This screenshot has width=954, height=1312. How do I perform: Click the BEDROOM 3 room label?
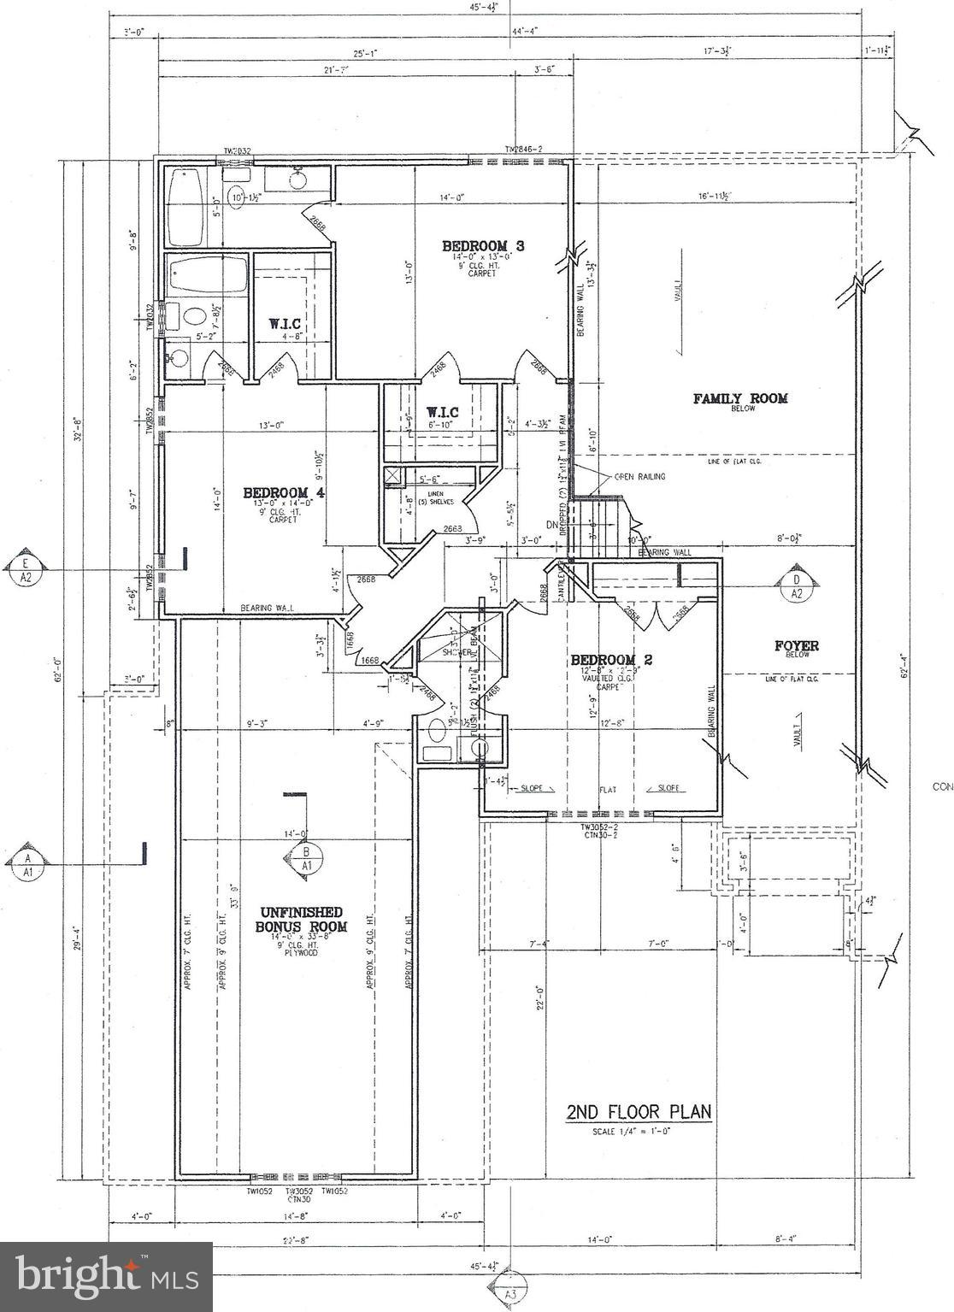point(483,246)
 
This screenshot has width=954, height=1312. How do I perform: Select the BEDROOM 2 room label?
point(611,659)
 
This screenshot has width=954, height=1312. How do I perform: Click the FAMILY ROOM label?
point(740,398)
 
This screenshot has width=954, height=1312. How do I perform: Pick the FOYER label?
point(796,646)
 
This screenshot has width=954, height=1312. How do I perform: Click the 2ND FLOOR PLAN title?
point(638,1112)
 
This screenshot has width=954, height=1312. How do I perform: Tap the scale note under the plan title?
point(638,1133)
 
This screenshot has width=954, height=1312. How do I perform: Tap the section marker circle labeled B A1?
point(306,858)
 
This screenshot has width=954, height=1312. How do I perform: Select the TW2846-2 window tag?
point(523,150)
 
